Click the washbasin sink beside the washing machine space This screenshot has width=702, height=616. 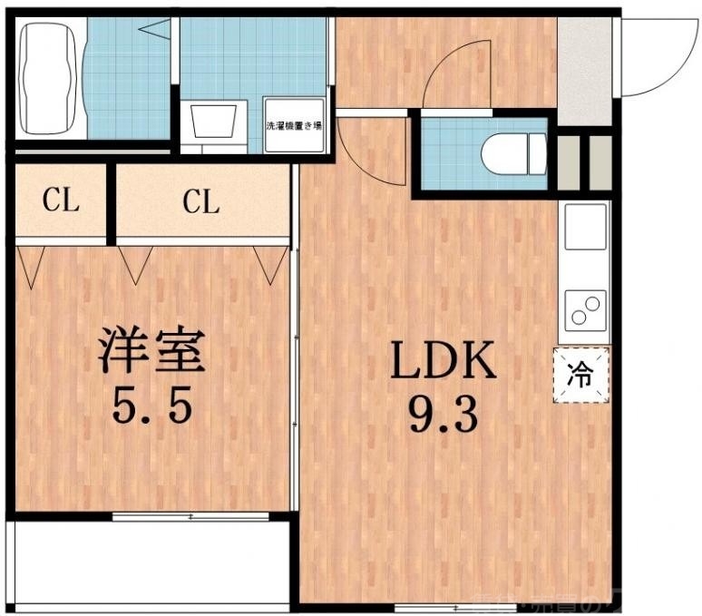click(214, 122)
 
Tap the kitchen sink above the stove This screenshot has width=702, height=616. click(585, 228)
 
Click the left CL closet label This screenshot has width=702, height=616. click(61, 201)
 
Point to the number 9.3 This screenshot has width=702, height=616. click(444, 416)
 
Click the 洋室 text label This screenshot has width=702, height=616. click(152, 351)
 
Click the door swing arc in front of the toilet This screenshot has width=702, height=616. click(459, 73)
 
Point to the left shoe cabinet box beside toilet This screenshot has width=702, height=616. click(568, 163)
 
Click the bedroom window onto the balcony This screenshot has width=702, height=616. click(190, 517)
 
